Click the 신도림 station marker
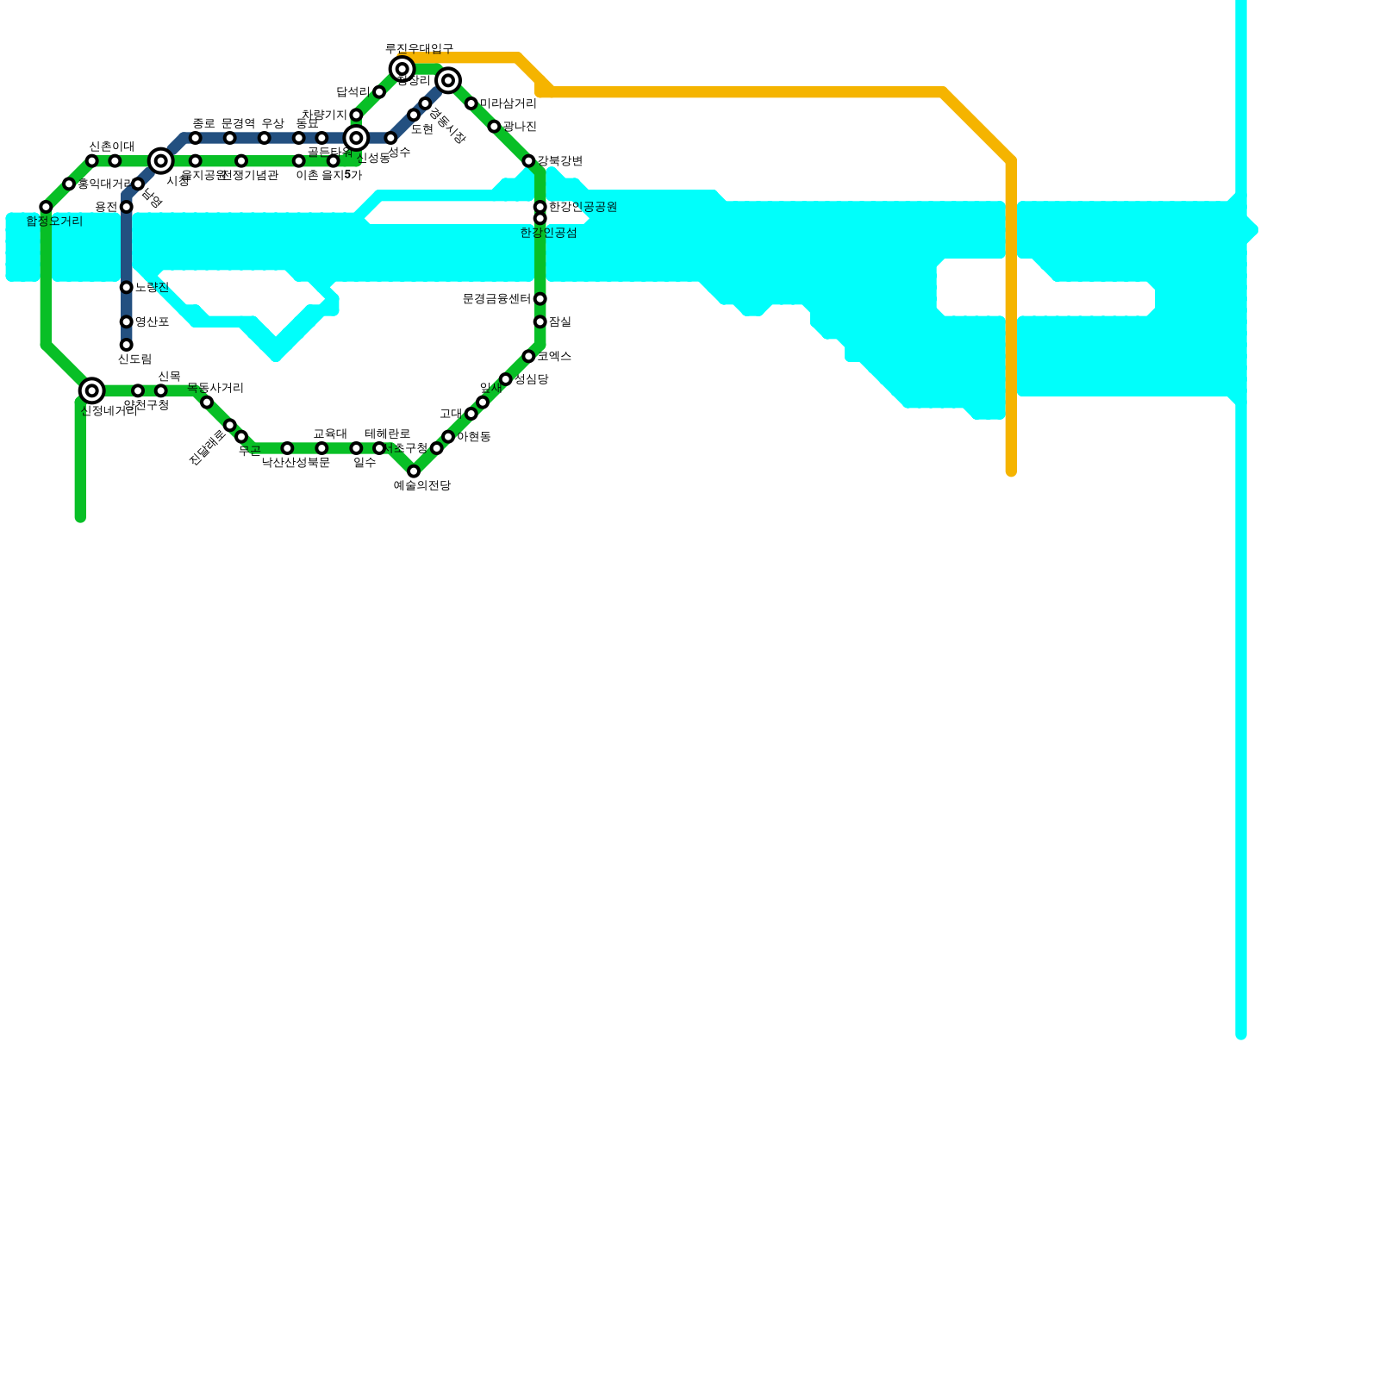pos(126,345)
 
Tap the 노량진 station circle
pos(126,287)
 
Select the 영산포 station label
pos(152,322)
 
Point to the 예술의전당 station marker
pos(414,471)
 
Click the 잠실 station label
pos(560,322)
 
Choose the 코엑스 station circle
pos(528,356)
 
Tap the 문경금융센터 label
pos(496,299)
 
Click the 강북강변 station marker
pos(528,161)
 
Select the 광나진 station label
pos(520,127)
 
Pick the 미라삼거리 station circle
pos(471,103)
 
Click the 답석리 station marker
pos(379,92)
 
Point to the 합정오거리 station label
pos(54,222)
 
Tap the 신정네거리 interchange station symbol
pos(91,390)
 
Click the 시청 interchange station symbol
pos(160,160)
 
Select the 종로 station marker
pos(195,138)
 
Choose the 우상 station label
pos(272,123)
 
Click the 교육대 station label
pos(330,434)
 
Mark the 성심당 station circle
pos(505,379)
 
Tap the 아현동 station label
pos(473,437)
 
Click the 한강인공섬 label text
pos(548,233)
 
